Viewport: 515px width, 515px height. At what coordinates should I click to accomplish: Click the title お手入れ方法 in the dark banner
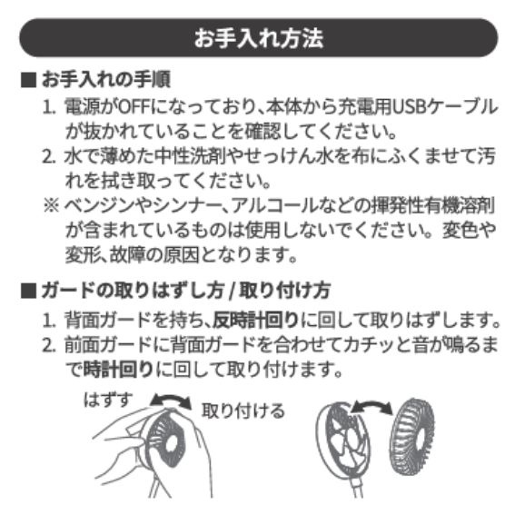coord(259,38)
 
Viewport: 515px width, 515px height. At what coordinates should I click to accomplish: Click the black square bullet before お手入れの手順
coord(28,80)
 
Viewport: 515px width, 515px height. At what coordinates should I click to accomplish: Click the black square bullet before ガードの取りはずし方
coord(28,291)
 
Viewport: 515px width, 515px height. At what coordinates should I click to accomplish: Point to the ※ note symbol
coord(51,206)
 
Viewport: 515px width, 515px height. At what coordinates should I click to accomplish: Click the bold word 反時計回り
coord(255,320)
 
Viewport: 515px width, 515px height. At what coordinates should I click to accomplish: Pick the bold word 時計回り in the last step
coord(119,369)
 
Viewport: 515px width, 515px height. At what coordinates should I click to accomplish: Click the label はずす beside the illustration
coord(108,400)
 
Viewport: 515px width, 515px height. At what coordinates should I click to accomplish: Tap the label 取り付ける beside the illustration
coord(243,411)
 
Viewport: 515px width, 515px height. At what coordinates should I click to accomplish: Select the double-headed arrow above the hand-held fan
coord(171,400)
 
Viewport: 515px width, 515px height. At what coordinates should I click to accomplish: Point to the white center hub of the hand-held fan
coord(171,444)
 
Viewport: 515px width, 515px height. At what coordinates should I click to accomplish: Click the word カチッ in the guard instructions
coord(360,344)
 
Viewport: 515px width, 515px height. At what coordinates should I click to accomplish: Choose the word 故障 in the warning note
coord(126,255)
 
